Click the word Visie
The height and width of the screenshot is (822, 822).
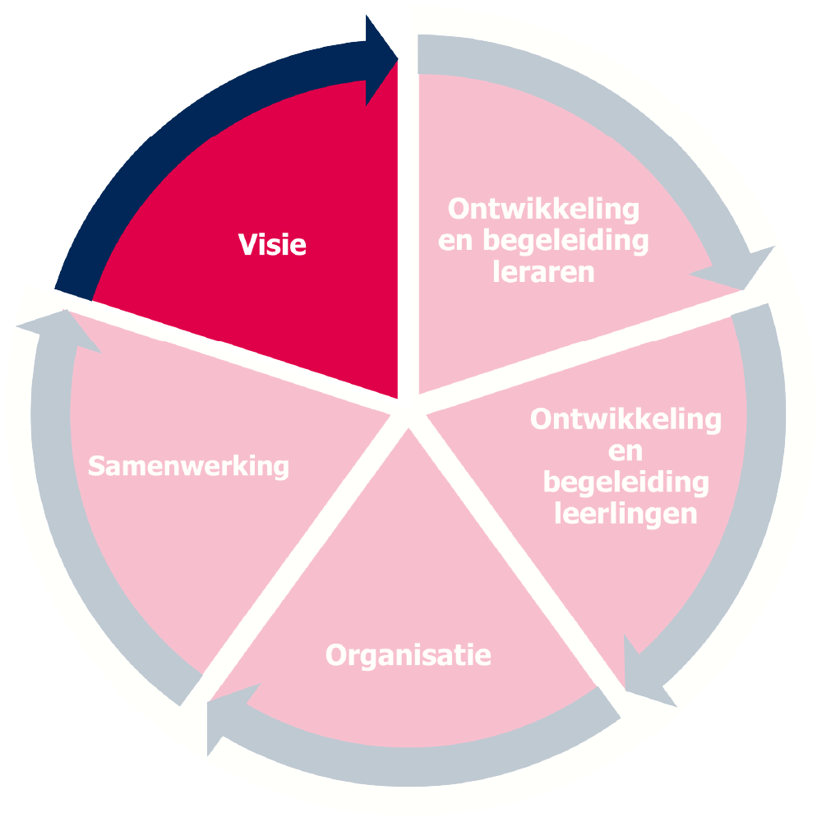pyautogui.click(x=272, y=244)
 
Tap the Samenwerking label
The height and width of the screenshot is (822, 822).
pyautogui.click(x=188, y=466)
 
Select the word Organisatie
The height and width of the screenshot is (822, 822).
pyautogui.click(x=409, y=655)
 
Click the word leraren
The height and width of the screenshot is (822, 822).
pyautogui.click(x=543, y=272)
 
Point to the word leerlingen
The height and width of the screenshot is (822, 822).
pyautogui.click(x=626, y=515)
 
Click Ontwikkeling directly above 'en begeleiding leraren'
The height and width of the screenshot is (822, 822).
pyautogui.click(x=543, y=209)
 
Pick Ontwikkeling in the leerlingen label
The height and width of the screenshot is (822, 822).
pyautogui.click(x=626, y=419)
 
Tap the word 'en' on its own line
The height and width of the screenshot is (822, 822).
pyautogui.click(x=626, y=451)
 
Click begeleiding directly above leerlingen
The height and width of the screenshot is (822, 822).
pyautogui.click(x=626, y=483)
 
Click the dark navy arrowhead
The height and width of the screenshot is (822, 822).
pyautogui.click(x=380, y=59)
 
